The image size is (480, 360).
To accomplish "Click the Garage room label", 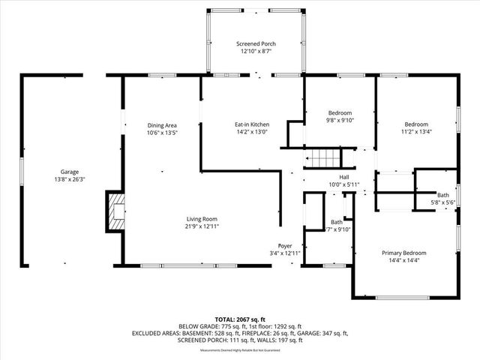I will click(x=69, y=172).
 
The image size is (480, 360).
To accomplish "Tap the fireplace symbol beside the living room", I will click(x=116, y=211).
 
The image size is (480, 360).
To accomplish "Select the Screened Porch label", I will click(x=255, y=45).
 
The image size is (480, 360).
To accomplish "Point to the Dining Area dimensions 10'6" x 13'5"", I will click(x=162, y=132).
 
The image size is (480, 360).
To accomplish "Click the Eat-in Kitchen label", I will click(x=252, y=124).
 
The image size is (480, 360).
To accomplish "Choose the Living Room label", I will click(x=202, y=219).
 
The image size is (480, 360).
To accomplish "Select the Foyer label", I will click(x=285, y=245).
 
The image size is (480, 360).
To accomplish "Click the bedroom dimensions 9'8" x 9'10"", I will click(x=339, y=119).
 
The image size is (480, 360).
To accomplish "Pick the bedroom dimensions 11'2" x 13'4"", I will click(x=416, y=132).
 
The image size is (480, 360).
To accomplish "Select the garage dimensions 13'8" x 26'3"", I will click(x=69, y=179).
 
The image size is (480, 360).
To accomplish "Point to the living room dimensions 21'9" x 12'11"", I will click(x=202, y=226).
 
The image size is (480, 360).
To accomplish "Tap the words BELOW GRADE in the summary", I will click(x=197, y=326).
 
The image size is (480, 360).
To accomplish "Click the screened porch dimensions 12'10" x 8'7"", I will click(x=255, y=52).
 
